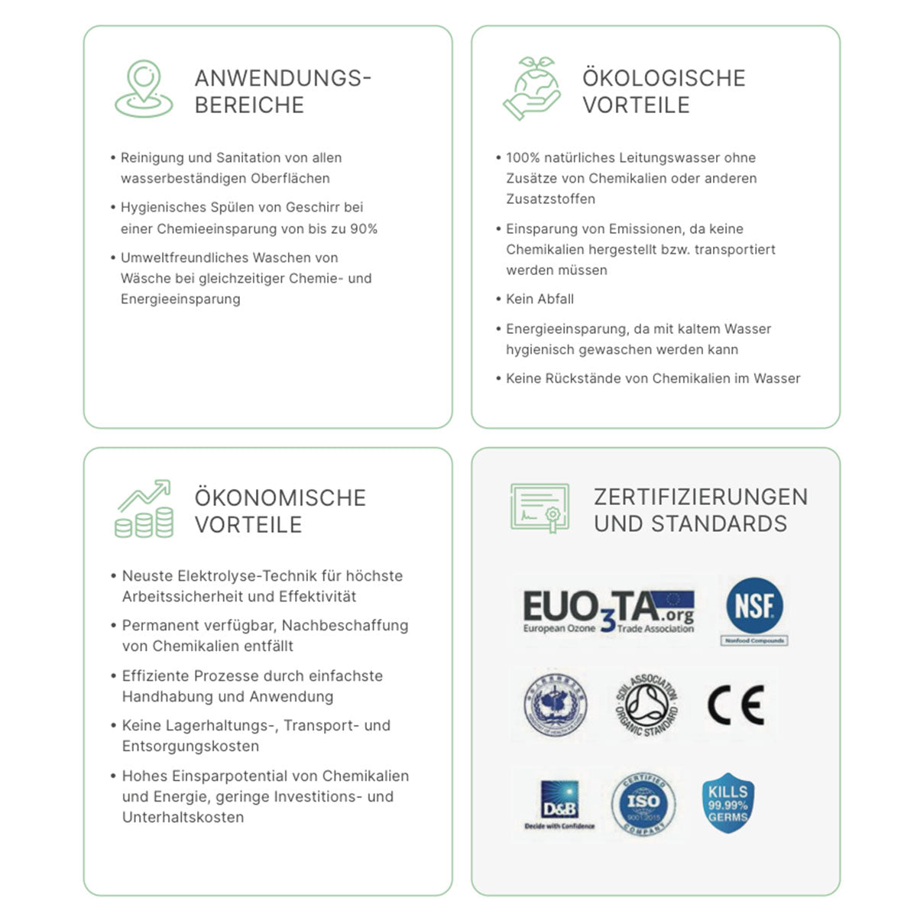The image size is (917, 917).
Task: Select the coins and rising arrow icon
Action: point(144,509)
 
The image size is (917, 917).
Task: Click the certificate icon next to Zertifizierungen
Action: point(540,508)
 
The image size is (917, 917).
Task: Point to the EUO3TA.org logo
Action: point(608,611)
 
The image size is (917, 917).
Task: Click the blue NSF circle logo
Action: point(754,606)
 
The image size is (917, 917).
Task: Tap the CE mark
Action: point(735,705)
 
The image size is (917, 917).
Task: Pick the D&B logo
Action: point(559,802)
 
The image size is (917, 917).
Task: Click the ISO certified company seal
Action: point(643,804)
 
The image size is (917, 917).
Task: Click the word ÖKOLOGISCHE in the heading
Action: point(663,78)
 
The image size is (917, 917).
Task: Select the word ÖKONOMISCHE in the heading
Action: point(280,498)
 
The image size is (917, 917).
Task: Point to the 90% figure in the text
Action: point(364,228)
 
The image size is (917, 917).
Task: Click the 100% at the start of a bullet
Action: point(523,158)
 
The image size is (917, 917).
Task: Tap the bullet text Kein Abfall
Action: point(540,300)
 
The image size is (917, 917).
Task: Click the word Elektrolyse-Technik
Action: point(248,576)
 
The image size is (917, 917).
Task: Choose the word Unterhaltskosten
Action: point(183,818)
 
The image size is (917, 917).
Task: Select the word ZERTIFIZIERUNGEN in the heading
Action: point(700,497)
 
